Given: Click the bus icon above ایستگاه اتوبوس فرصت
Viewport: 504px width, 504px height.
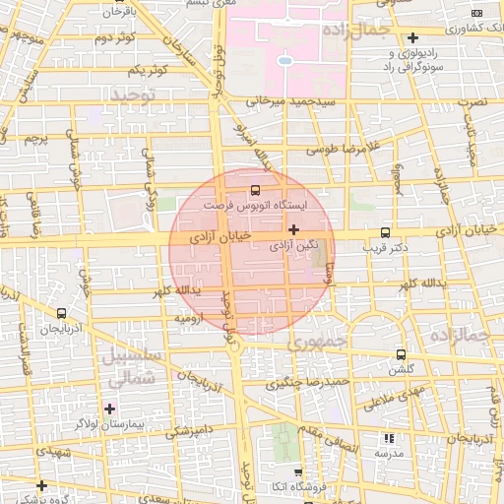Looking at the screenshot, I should tap(257, 189).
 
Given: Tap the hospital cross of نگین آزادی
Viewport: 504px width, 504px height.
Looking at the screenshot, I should tap(293, 228).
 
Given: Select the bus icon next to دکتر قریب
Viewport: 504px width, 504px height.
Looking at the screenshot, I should tap(384, 234).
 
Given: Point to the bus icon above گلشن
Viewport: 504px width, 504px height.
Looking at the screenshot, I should tap(401, 354).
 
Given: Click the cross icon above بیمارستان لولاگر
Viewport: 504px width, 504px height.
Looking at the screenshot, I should tap(109, 408).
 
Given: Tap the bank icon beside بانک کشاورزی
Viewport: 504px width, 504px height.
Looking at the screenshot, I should tap(476, 13).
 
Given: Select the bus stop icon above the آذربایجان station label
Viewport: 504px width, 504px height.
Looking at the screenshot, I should tap(49, 313).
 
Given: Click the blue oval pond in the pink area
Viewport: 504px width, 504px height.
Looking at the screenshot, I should tap(284, 61).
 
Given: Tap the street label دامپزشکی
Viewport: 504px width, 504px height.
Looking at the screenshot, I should tap(186, 430).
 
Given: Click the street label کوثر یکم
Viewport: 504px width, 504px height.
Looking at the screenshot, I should tap(146, 72).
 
